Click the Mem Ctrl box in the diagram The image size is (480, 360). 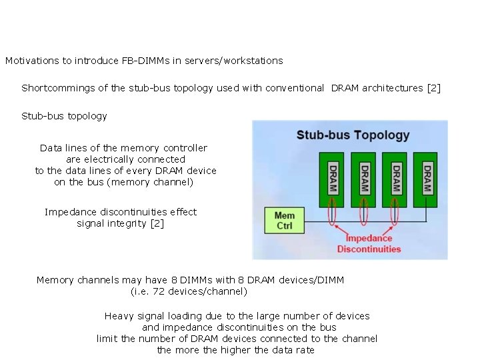[285, 221]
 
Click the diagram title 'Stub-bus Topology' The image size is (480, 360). [353, 135]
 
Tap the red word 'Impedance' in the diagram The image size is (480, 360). [369, 238]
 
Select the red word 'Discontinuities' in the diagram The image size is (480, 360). [369, 249]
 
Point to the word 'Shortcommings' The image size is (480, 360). [54, 88]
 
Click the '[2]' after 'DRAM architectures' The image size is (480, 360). [433, 88]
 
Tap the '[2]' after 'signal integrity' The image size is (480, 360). [157, 223]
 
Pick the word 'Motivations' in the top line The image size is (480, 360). [32, 61]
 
